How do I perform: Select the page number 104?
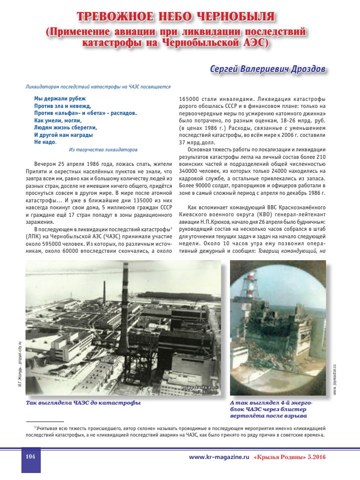[x=30, y=457]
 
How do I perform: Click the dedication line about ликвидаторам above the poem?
[x=98, y=86]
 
